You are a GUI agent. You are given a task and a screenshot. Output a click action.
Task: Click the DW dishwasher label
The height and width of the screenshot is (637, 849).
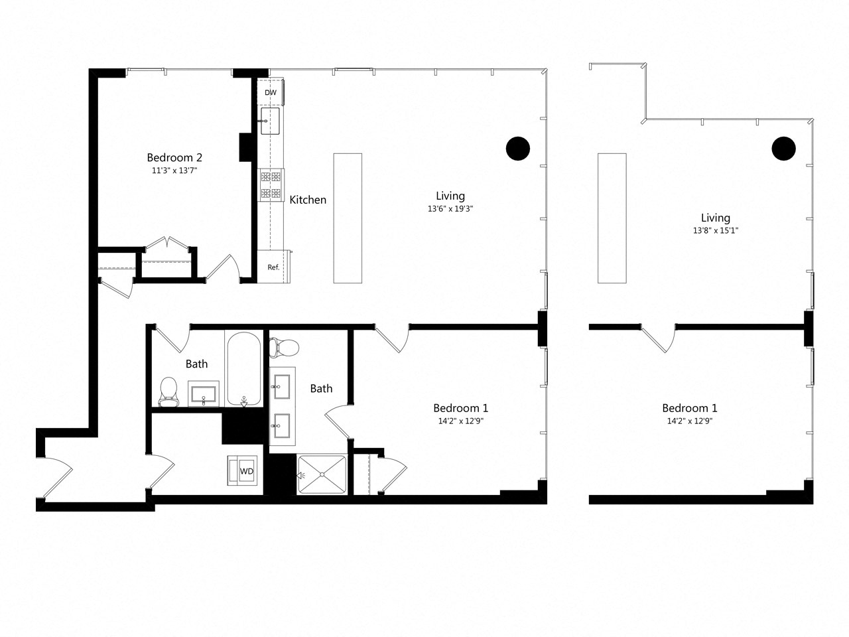pos(271,93)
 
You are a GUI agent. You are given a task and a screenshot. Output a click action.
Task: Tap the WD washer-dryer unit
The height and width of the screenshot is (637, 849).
pos(245,471)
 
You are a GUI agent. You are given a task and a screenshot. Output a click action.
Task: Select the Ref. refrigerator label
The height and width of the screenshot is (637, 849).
pos(273,267)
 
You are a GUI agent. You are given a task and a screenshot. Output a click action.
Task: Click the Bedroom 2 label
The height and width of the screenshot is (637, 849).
pos(174,157)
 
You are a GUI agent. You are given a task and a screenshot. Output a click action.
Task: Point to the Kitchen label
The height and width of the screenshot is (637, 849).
pos(308,199)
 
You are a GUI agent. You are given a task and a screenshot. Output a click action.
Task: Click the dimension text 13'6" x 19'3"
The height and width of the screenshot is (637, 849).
pos(450,209)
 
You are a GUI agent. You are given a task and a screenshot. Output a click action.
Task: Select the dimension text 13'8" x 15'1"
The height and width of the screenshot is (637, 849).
pos(716,231)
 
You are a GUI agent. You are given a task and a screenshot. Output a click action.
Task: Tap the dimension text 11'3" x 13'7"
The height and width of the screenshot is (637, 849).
pos(174,171)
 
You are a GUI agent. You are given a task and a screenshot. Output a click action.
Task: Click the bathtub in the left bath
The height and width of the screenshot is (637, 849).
pos(243,368)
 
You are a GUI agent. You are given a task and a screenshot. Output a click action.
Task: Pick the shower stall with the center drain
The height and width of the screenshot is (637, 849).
pos(322,474)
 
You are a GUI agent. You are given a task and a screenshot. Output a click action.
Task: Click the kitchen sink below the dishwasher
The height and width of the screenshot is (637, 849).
pos(269,121)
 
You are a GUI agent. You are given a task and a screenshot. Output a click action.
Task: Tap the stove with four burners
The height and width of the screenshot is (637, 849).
pos(271,184)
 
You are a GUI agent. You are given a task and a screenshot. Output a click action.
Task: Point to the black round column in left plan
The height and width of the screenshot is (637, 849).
pos(518,148)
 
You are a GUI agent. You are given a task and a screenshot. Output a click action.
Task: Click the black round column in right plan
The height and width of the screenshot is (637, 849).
pos(783,148)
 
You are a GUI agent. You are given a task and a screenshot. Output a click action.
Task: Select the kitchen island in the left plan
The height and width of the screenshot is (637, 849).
pos(348,218)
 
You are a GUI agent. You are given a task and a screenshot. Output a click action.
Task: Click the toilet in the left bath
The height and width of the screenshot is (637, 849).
pos(169,391)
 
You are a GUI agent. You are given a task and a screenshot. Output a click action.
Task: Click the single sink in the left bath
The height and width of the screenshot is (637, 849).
pos(203,394)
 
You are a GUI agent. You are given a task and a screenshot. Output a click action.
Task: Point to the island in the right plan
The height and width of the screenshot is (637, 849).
pos(612,218)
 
